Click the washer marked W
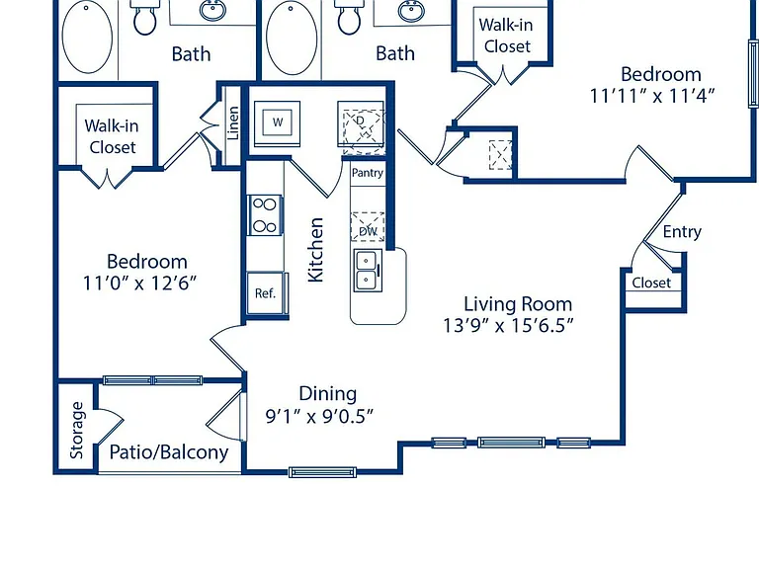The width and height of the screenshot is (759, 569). [x=277, y=122]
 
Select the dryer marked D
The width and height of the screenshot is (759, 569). [x=361, y=123]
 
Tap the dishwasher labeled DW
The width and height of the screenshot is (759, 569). [x=368, y=226]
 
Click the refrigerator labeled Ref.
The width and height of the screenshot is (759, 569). [x=267, y=292]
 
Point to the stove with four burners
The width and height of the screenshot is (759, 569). [x=265, y=214]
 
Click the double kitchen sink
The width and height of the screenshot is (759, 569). [x=368, y=270]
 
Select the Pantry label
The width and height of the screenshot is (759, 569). [x=368, y=173]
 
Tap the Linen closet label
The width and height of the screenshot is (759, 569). [x=233, y=123]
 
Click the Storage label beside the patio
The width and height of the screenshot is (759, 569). [x=76, y=430]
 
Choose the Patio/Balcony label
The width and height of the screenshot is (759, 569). [x=169, y=451]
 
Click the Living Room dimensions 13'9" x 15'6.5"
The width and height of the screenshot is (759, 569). [x=508, y=325]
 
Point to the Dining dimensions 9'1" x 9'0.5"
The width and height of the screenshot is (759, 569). [x=319, y=415]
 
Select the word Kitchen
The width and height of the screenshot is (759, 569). [x=315, y=250]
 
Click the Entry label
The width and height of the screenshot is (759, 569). [x=682, y=232]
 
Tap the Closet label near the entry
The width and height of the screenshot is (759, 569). [x=651, y=283]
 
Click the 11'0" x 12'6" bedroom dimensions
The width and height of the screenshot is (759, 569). [x=140, y=283]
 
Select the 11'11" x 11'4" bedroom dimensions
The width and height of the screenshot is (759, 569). [x=652, y=95]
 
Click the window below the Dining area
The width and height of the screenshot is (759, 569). [x=322, y=472]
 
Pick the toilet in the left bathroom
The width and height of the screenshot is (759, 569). [x=144, y=18]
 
